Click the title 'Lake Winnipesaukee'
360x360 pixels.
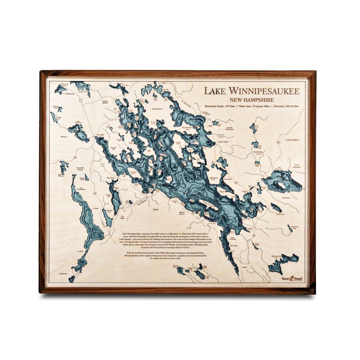pyautogui.click(x=252, y=90)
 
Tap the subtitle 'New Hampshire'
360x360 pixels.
pyautogui.click(x=252, y=99)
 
